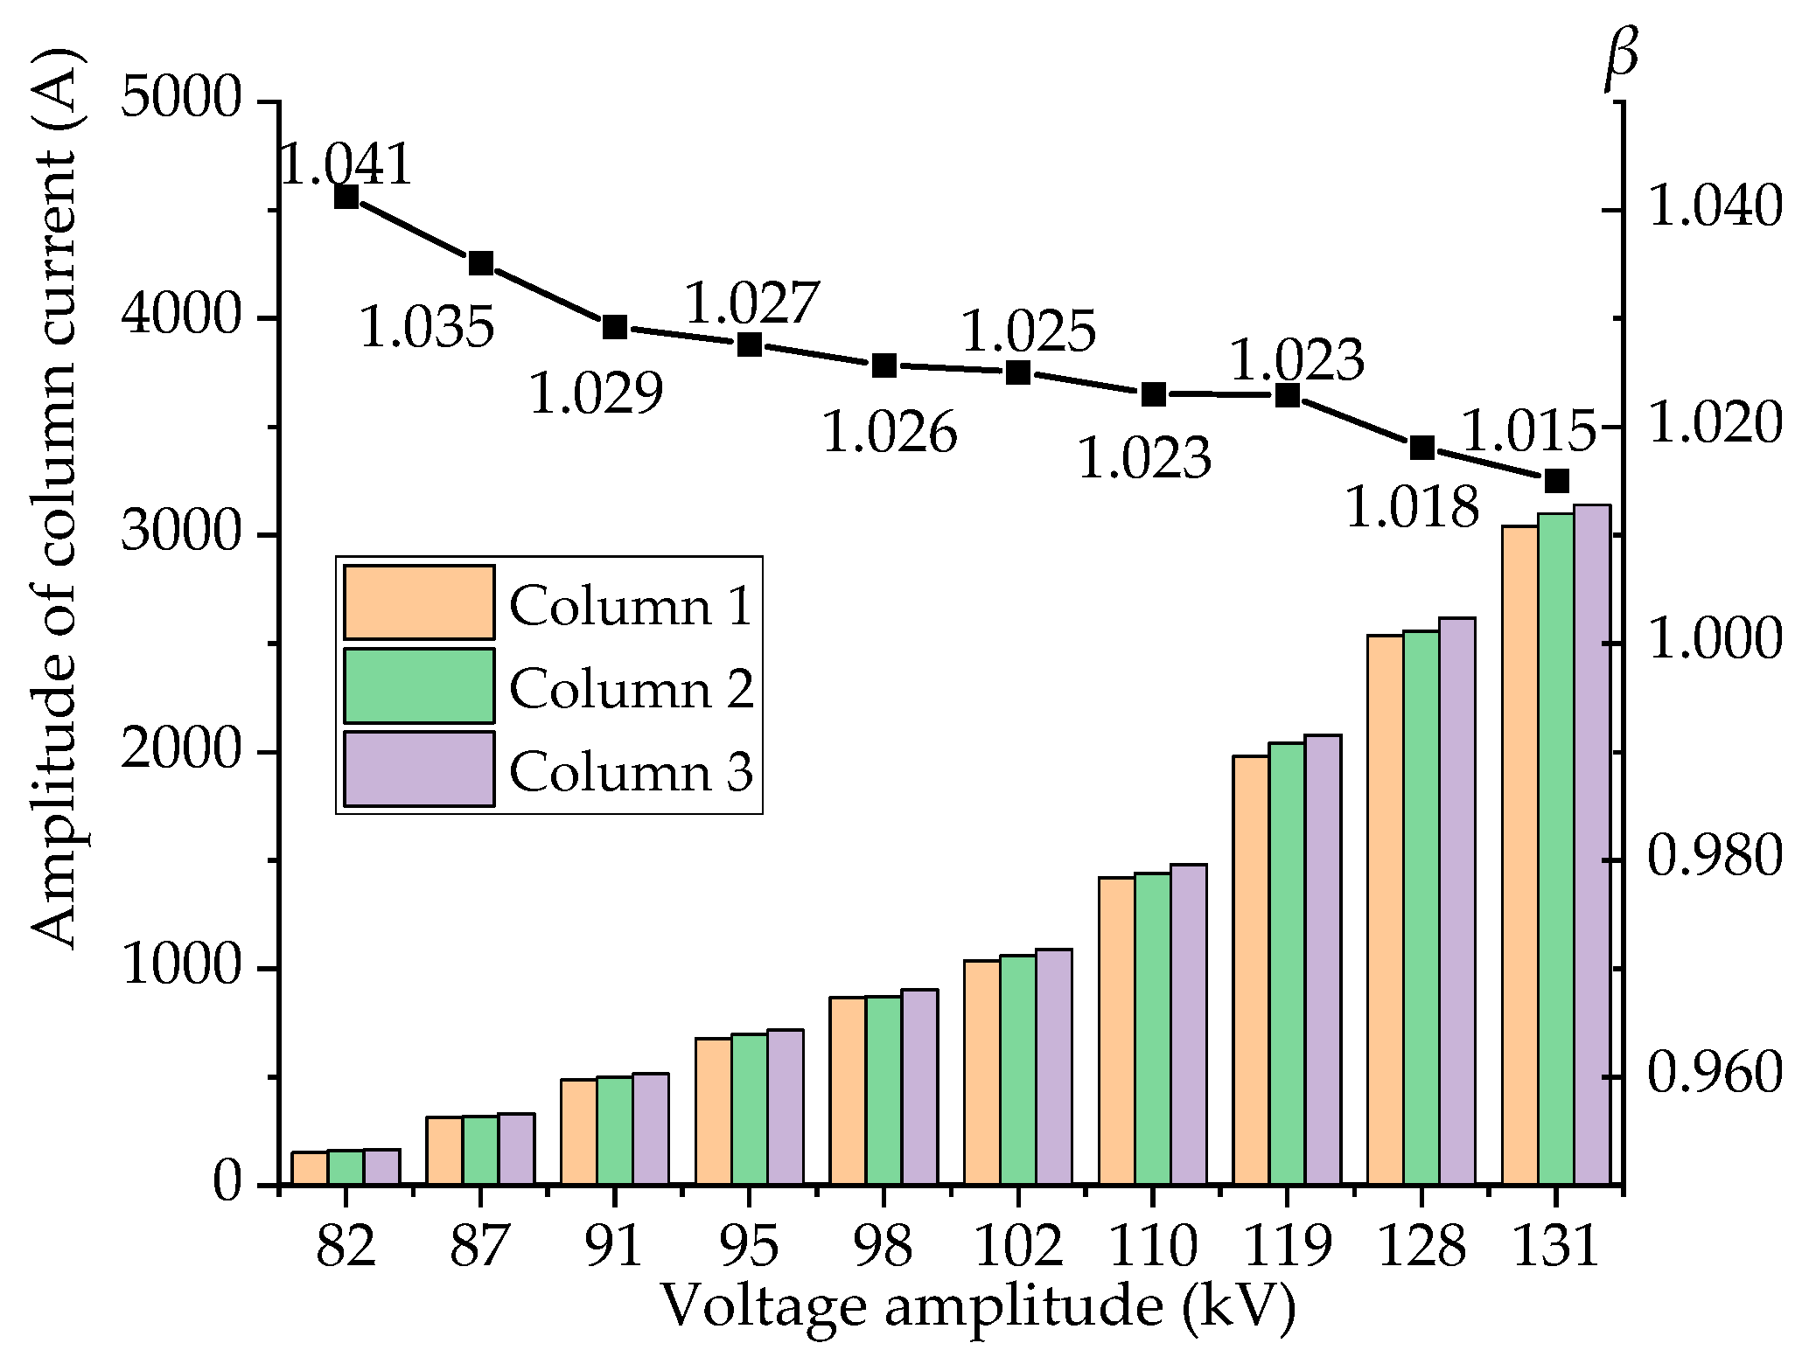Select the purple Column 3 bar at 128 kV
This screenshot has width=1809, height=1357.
[1457, 901]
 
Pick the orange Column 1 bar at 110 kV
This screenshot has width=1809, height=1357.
[1117, 1031]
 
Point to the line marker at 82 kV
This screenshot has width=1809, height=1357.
[346, 197]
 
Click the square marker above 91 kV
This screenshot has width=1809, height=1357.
[615, 327]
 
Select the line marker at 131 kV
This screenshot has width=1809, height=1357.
[1556, 481]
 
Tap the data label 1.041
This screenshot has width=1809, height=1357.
[346, 164]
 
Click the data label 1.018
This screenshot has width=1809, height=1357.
[1411, 506]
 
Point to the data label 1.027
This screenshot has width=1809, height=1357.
[751, 303]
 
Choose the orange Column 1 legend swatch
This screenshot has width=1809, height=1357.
[419, 602]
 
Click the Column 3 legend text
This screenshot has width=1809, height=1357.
[631, 772]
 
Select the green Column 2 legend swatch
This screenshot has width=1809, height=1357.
[419, 685]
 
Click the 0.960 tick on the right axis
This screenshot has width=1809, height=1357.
[1713, 1075]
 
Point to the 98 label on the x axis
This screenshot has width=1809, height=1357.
[884, 1245]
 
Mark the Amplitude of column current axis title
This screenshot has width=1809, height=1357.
[54, 498]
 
